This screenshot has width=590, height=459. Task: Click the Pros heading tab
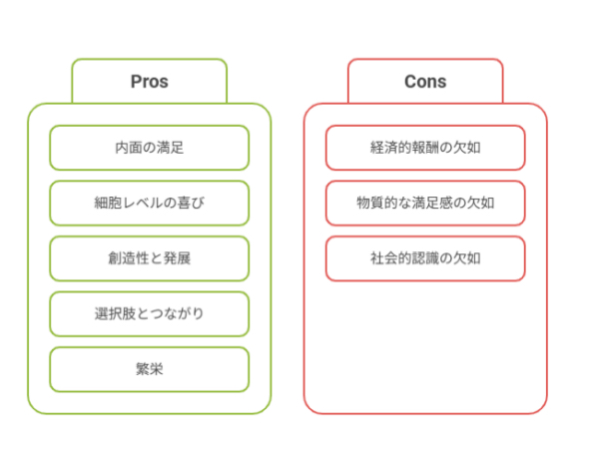150,81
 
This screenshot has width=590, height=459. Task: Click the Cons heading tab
425,81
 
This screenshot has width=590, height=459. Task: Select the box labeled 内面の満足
150,148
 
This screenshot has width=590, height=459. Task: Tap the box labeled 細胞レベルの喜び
150,204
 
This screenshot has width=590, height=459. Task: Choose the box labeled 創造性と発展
150,258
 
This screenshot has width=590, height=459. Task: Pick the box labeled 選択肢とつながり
150,313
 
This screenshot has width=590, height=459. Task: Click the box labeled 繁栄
150,369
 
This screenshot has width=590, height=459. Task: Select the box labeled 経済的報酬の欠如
425,148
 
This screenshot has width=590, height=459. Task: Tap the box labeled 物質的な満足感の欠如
425,204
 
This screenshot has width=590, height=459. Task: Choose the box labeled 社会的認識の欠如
425,258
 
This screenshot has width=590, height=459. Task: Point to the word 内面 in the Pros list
129,148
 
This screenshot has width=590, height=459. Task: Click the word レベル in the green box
143,204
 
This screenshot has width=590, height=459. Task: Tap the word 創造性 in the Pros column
129,258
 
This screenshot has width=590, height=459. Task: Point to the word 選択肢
115,313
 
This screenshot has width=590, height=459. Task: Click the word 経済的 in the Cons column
391,148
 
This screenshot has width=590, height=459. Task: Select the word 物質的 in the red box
377,204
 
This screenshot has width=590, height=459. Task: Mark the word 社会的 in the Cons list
391,258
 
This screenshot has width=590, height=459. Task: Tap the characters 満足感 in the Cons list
432,204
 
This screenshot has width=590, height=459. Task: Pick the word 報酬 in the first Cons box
425,148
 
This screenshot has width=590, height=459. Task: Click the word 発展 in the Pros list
178,258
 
